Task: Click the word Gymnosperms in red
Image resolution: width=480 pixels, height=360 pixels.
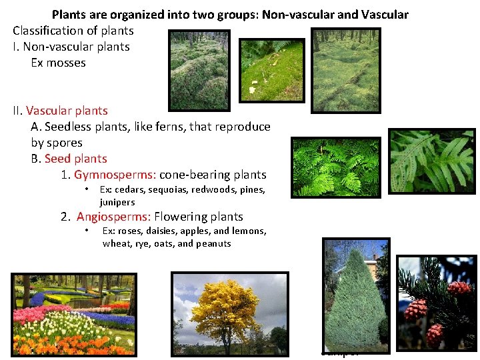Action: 115,175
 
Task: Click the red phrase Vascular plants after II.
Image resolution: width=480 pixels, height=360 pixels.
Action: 67,111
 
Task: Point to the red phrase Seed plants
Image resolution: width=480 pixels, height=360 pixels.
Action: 75,159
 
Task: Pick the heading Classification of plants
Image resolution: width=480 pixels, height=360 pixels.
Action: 73,31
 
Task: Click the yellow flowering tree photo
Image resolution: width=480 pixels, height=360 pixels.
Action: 230,313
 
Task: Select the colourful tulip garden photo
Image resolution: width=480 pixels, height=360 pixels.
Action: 73,313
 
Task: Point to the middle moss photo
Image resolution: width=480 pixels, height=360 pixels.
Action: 271,69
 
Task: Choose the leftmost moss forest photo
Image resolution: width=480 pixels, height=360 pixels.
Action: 199,69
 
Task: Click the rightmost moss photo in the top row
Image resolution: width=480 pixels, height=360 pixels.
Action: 346,69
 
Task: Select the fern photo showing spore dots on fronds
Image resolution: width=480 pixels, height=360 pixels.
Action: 431,162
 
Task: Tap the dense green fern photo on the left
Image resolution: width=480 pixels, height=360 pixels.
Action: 336,167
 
